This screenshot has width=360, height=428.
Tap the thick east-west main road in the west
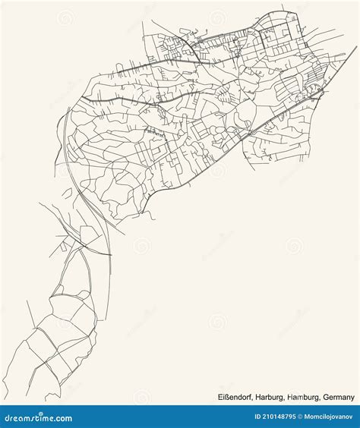(122, 99)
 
